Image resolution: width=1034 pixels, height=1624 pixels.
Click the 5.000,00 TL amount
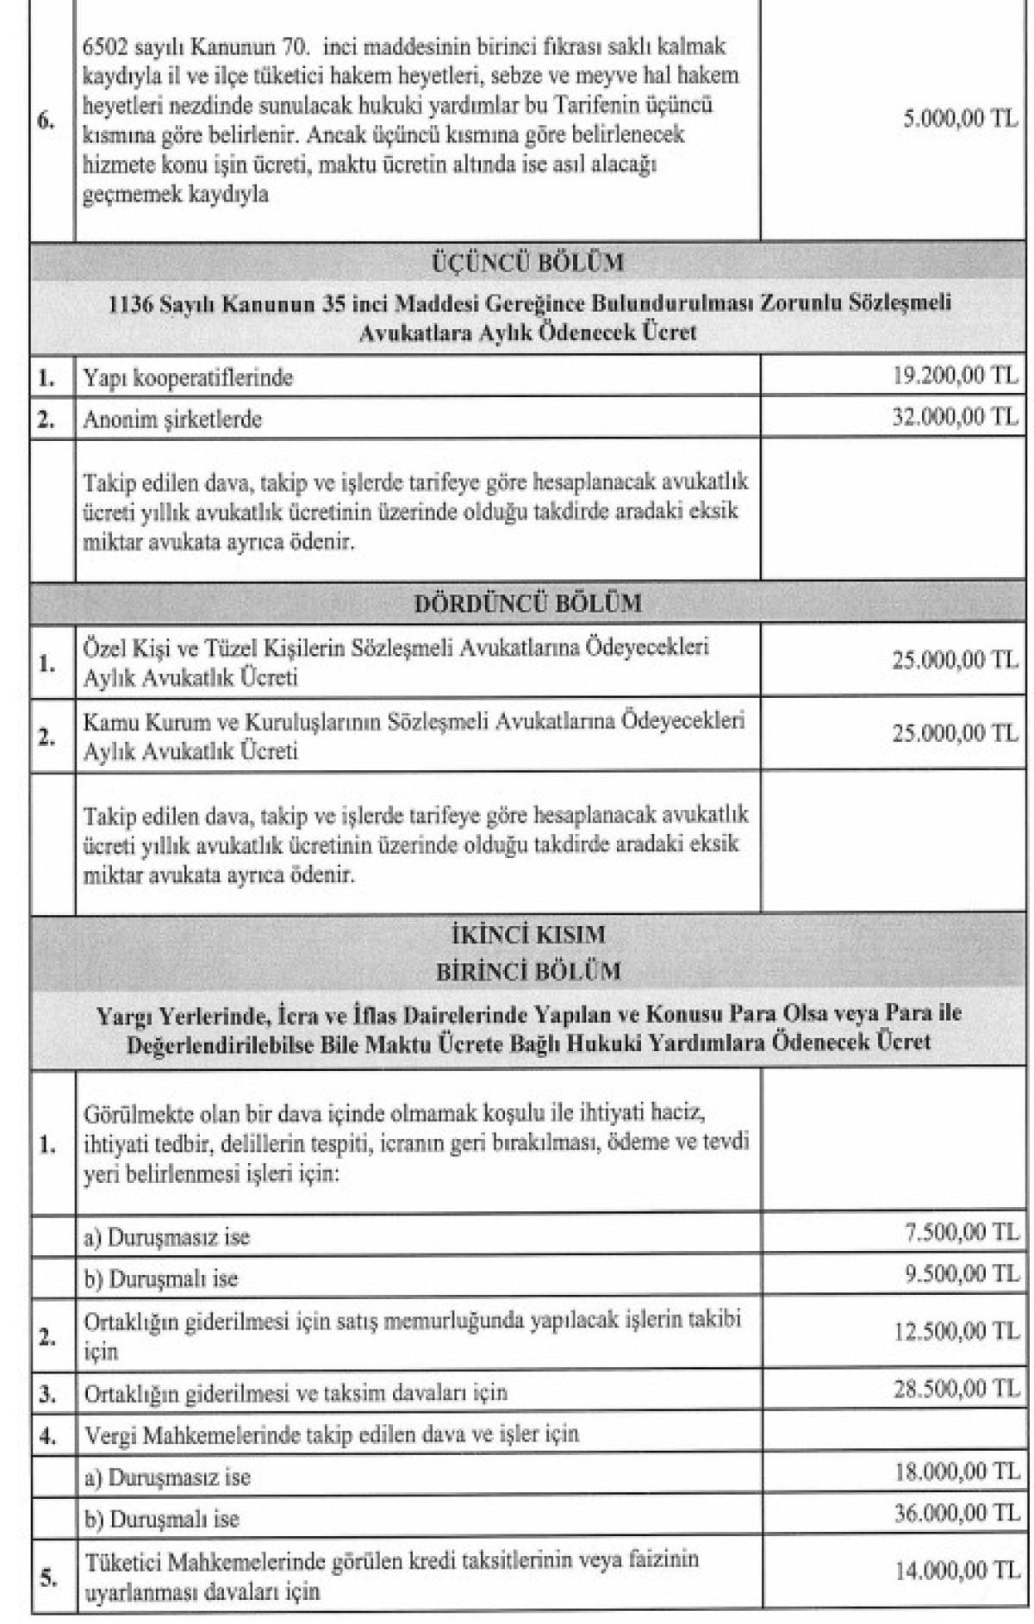point(960,119)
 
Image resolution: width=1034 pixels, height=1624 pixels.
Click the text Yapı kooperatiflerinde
point(188,377)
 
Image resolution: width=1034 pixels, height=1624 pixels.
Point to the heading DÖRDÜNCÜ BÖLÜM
point(527,602)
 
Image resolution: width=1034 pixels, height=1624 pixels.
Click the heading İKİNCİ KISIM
point(527,934)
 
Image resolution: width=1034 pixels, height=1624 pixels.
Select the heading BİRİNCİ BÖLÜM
point(527,971)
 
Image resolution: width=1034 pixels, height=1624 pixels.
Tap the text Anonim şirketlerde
point(172,420)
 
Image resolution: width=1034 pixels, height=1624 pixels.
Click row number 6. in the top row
point(47,121)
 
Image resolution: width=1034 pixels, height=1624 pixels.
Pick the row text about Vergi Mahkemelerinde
point(332,1434)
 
